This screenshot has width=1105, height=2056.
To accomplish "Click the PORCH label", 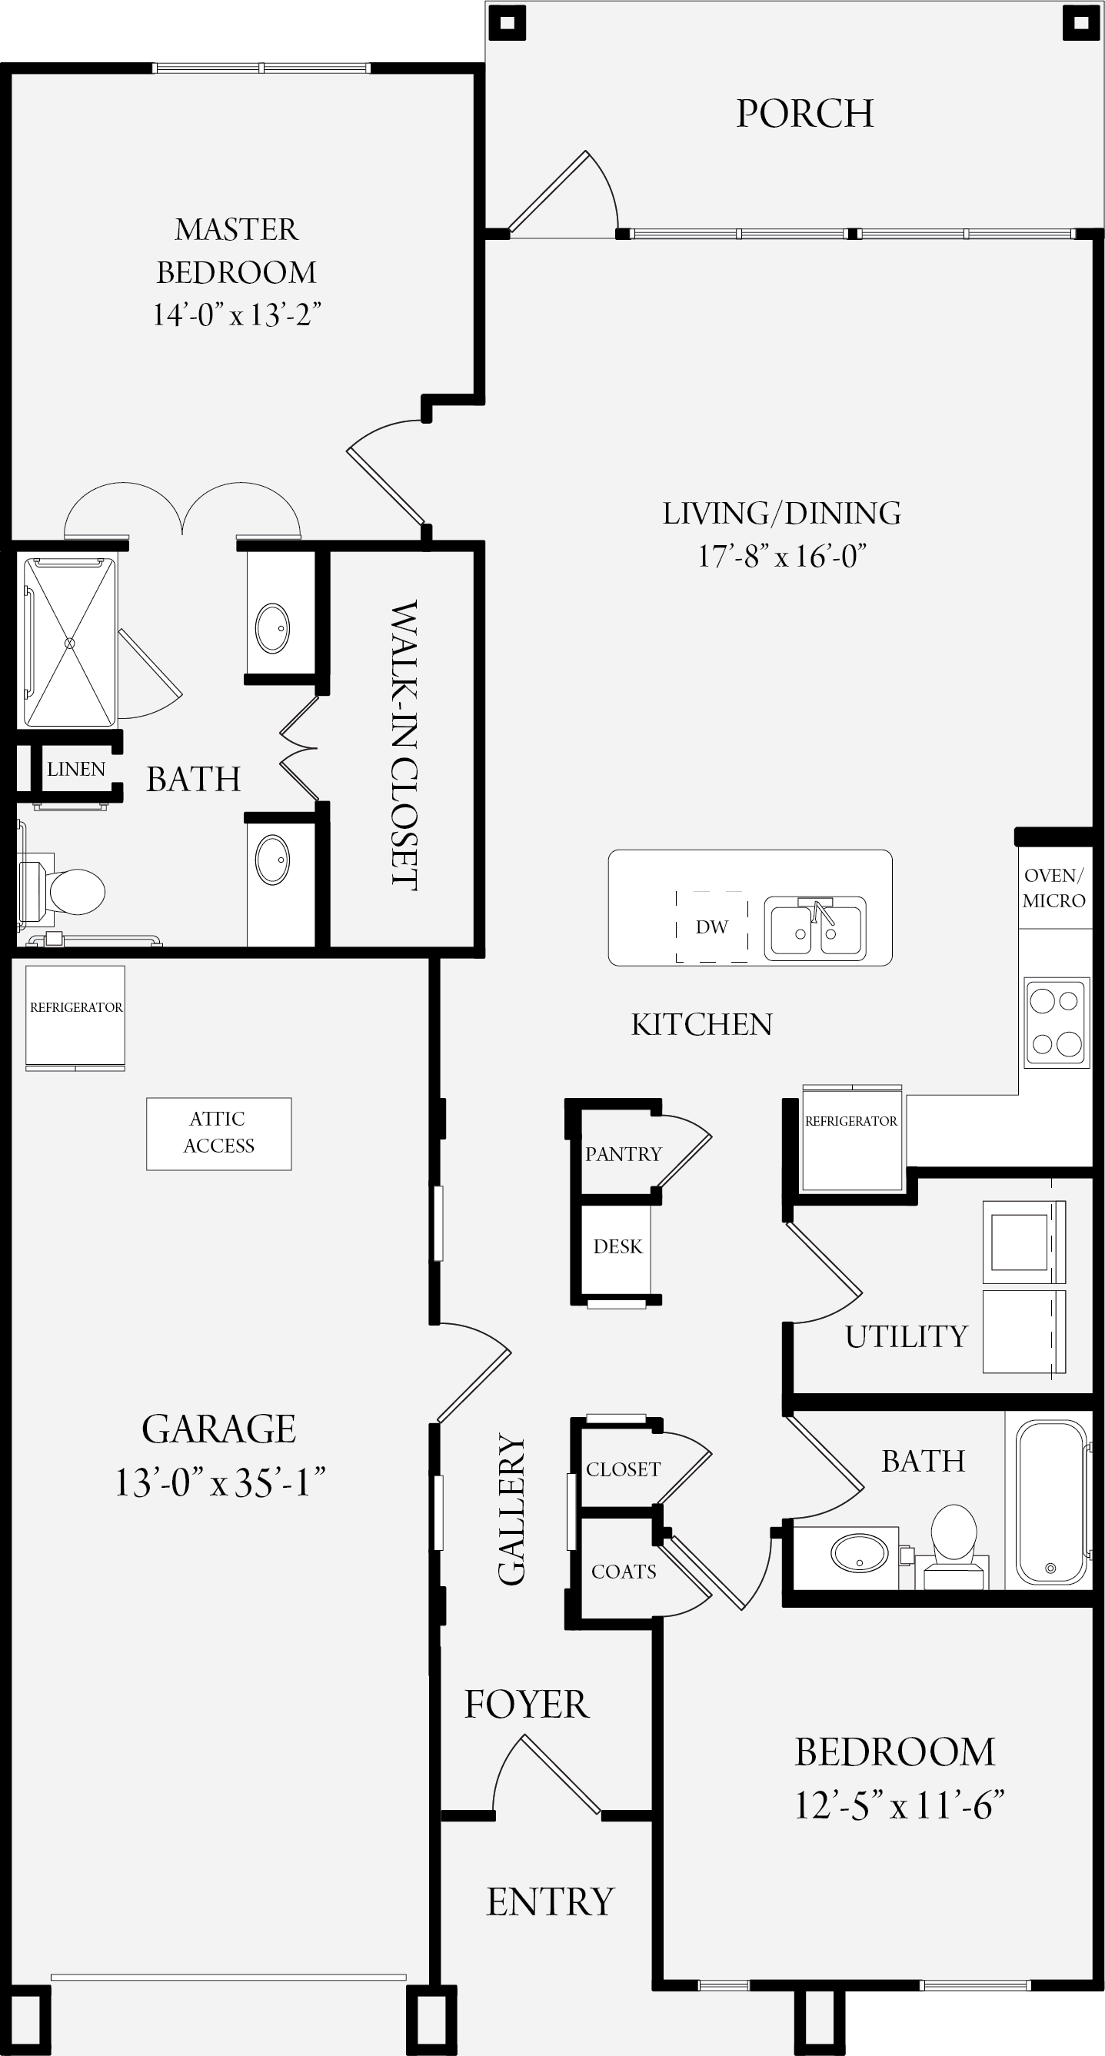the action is pos(805,113).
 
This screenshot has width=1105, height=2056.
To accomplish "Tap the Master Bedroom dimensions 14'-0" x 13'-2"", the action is pos(236,314).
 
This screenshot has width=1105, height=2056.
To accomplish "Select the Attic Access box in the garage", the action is pos(218,1133).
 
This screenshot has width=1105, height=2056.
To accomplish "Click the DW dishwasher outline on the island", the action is pos(711,927).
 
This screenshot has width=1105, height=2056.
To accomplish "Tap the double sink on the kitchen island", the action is pos(815,928).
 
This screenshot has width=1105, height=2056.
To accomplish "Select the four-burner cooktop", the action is pos(1057,1023).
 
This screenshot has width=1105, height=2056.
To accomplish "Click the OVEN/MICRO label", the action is pos(1054,887).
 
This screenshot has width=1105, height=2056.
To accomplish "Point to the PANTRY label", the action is pos(624,1154).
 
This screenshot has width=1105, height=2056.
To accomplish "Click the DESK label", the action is pos(618,1246).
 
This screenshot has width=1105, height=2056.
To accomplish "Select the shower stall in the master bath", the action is pos(69,643).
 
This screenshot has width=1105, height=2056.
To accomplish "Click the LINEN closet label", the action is pos(76,769).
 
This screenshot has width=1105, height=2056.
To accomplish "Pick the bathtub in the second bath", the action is pos(1050,1502).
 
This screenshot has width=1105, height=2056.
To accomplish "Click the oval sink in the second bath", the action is pos(859,1553).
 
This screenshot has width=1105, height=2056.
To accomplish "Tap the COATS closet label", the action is pos(624,1572).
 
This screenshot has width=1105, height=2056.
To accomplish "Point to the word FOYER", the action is pos(527,1705).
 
